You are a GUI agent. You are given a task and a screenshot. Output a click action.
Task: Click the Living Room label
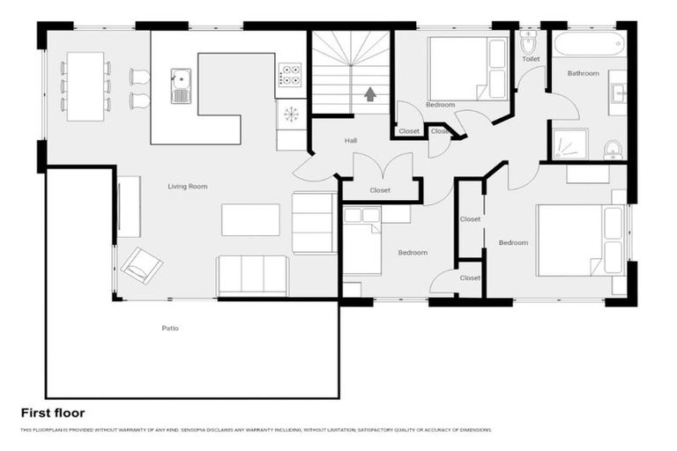pyautogui.click(x=187, y=186)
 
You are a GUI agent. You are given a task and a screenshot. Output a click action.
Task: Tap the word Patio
pyautogui.click(x=170, y=328)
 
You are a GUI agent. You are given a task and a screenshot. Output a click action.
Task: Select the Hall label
pyautogui.click(x=350, y=140)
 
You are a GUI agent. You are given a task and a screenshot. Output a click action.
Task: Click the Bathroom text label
pyautogui.click(x=583, y=73)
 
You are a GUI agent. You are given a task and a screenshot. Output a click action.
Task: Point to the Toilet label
pyautogui.click(x=530, y=59)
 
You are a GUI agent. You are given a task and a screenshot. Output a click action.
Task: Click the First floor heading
pyautogui.click(x=53, y=412)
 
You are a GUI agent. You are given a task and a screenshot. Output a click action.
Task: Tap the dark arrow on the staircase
pyautogui.click(x=369, y=92)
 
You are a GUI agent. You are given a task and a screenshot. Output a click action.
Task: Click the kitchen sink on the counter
pyautogui.click(x=181, y=85)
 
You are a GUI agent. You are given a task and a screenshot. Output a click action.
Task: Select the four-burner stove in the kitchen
pyautogui.click(x=289, y=73)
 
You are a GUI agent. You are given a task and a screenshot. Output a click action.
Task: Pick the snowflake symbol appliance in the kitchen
pyautogui.click(x=289, y=114)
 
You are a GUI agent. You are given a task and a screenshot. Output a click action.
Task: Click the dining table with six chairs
pyautogui.click(x=86, y=85)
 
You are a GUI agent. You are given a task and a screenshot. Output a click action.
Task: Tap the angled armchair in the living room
pyautogui.click(x=141, y=264)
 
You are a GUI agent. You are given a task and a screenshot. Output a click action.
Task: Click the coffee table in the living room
pyautogui.click(x=250, y=219)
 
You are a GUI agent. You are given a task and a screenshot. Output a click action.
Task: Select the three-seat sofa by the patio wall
pyautogui.click(x=252, y=275)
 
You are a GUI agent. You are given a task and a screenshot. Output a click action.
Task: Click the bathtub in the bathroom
pyautogui.click(x=589, y=43)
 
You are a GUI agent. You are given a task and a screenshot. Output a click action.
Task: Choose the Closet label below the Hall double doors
pyautogui.click(x=380, y=190)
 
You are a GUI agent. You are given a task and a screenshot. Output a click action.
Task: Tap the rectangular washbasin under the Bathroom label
pyautogui.click(x=617, y=92)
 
